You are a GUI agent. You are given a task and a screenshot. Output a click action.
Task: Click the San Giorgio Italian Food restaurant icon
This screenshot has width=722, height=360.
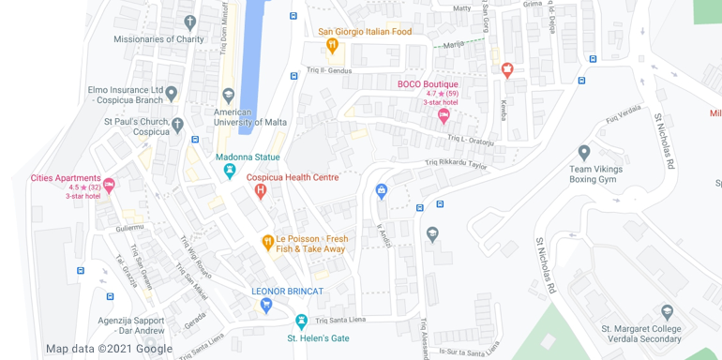coord(331,44)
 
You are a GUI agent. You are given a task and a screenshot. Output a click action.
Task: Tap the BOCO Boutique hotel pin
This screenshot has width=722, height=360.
coord(444,115)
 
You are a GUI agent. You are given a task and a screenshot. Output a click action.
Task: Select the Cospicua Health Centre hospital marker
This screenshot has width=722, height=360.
coord(261,191)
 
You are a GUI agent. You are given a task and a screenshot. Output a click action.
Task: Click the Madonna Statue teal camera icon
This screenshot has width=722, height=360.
coord(230,171)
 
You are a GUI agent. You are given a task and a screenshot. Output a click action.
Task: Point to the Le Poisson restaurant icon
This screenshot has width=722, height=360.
coord(267,243)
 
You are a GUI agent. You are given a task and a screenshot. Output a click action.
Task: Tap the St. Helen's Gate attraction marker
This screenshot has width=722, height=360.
coord(301,321)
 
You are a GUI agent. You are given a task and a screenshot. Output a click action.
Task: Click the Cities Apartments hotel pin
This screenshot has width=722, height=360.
coord(109,185)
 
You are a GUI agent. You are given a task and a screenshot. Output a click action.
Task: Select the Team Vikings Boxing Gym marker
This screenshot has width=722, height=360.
coord(584,152)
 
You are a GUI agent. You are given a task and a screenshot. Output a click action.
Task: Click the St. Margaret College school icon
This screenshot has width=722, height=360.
coord(667,312)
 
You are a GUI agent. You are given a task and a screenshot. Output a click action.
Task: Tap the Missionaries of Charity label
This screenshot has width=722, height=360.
coord(158,39)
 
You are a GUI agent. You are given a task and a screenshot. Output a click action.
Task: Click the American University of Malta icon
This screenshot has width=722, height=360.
coord(228,96)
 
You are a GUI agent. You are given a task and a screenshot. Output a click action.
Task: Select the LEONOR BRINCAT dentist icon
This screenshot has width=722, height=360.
coord(267,305)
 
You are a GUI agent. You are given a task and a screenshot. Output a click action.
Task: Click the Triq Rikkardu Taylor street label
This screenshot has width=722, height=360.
coord(457,164)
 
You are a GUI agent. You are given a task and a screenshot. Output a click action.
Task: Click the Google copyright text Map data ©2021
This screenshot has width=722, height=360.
coord(109,349)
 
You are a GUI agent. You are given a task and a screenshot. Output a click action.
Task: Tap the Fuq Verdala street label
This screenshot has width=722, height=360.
coord(623,112)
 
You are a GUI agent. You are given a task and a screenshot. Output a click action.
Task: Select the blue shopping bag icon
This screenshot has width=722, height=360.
coord(381,191)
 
